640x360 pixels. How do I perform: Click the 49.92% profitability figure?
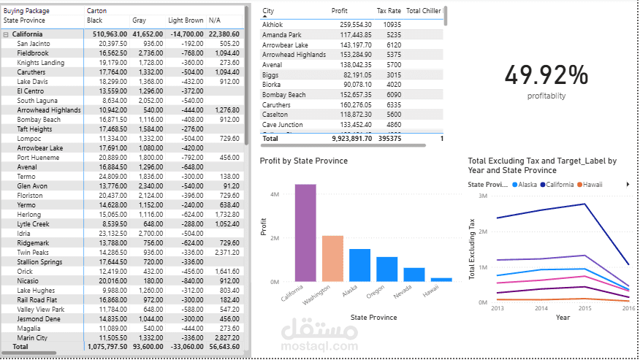546,75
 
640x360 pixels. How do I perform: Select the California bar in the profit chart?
305,232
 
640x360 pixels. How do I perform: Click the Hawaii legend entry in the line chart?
590,185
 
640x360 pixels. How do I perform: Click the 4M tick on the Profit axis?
274,195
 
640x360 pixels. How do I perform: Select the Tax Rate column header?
389,12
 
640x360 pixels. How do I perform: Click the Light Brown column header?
186,20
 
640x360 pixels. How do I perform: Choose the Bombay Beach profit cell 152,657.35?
351,95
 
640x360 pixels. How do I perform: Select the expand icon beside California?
6,34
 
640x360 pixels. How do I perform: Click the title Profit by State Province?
303,161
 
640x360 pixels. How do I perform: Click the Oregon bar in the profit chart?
386,269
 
